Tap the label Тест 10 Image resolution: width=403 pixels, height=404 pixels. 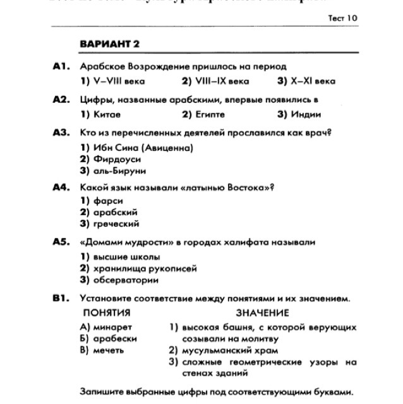[342, 18]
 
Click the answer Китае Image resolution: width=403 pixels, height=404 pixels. [100, 114]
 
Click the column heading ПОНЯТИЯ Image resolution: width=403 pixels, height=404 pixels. [107, 312]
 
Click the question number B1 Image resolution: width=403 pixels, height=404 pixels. [61, 299]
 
